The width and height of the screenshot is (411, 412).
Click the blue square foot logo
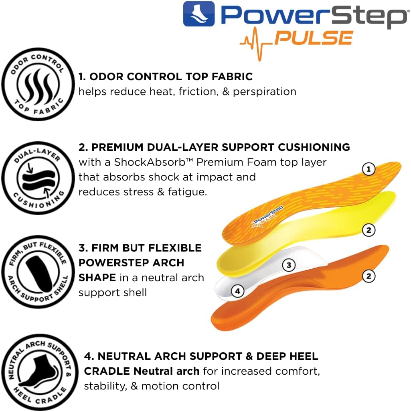[199, 14]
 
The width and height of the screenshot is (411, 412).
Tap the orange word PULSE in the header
[314, 38]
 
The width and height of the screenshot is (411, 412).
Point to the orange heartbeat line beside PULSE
[256, 44]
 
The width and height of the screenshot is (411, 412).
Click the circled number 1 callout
[368, 169]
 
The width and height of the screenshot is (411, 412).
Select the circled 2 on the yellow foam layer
[368, 230]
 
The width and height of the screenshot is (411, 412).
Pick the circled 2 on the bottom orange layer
[368, 276]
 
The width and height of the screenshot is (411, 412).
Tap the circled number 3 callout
[289, 265]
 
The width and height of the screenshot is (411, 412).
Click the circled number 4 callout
[238, 291]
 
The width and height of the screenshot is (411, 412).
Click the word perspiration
[265, 92]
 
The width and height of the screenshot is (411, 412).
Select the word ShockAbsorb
[150, 162]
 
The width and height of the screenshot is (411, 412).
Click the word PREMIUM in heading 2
[117, 147]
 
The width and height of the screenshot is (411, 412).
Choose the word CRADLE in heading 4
[107, 371]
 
